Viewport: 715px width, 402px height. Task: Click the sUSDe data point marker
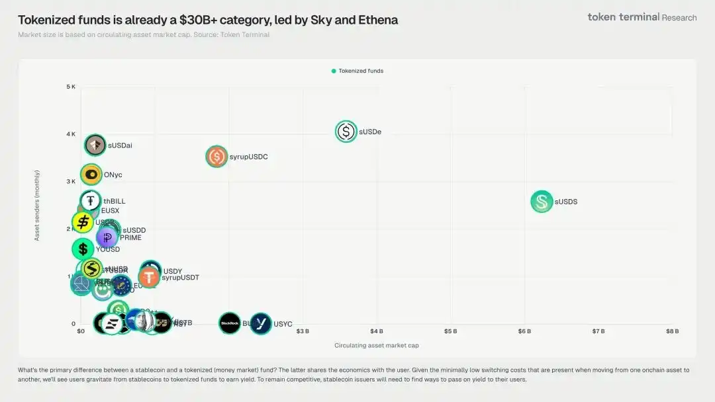pos(346,132)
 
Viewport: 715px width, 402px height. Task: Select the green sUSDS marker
pos(542,202)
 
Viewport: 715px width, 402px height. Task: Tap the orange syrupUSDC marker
pos(216,157)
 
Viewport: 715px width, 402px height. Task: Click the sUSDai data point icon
pos(95,145)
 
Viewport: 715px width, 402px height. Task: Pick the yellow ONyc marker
pos(91,175)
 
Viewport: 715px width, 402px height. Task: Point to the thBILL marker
pos(91,201)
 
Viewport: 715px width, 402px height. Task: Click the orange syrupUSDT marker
pos(149,277)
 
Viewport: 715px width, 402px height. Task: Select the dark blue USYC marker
pos(261,323)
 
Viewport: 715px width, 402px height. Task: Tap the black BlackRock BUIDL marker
pos(230,323)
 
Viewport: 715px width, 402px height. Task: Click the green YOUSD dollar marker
pos(83,249)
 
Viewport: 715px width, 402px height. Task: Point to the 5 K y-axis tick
pos(71,87)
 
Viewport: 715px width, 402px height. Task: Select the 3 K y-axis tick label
pos(71,181)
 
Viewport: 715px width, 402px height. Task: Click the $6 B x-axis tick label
pos(524,331)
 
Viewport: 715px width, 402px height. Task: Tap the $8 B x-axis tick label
pos(672,331)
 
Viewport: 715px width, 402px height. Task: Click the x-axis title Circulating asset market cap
pos(377,345)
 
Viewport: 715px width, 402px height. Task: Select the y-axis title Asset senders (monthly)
pos(37,205)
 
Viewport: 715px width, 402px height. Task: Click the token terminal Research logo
pos(642,17)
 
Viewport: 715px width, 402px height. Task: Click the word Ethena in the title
pos(378,20)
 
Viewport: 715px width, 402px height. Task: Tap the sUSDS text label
pos(566,202)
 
